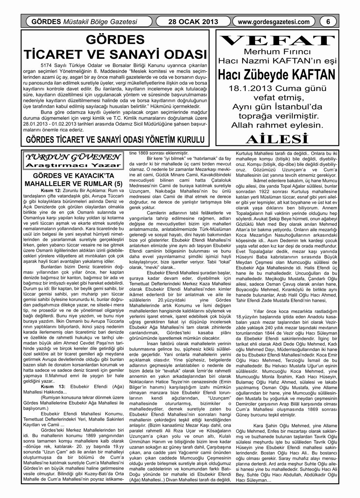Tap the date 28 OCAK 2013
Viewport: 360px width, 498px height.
point(193,22)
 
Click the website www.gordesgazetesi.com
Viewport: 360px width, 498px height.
point(274,22)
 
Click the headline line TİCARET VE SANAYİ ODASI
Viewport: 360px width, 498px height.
point(115,54)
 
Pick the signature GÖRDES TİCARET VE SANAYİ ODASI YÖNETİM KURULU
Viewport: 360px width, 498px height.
point(115,140)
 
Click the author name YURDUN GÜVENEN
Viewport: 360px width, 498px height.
point(72,156)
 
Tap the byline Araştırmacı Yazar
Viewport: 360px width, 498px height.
point(72,165)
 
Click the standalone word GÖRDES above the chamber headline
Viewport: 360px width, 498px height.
point(115,39)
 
